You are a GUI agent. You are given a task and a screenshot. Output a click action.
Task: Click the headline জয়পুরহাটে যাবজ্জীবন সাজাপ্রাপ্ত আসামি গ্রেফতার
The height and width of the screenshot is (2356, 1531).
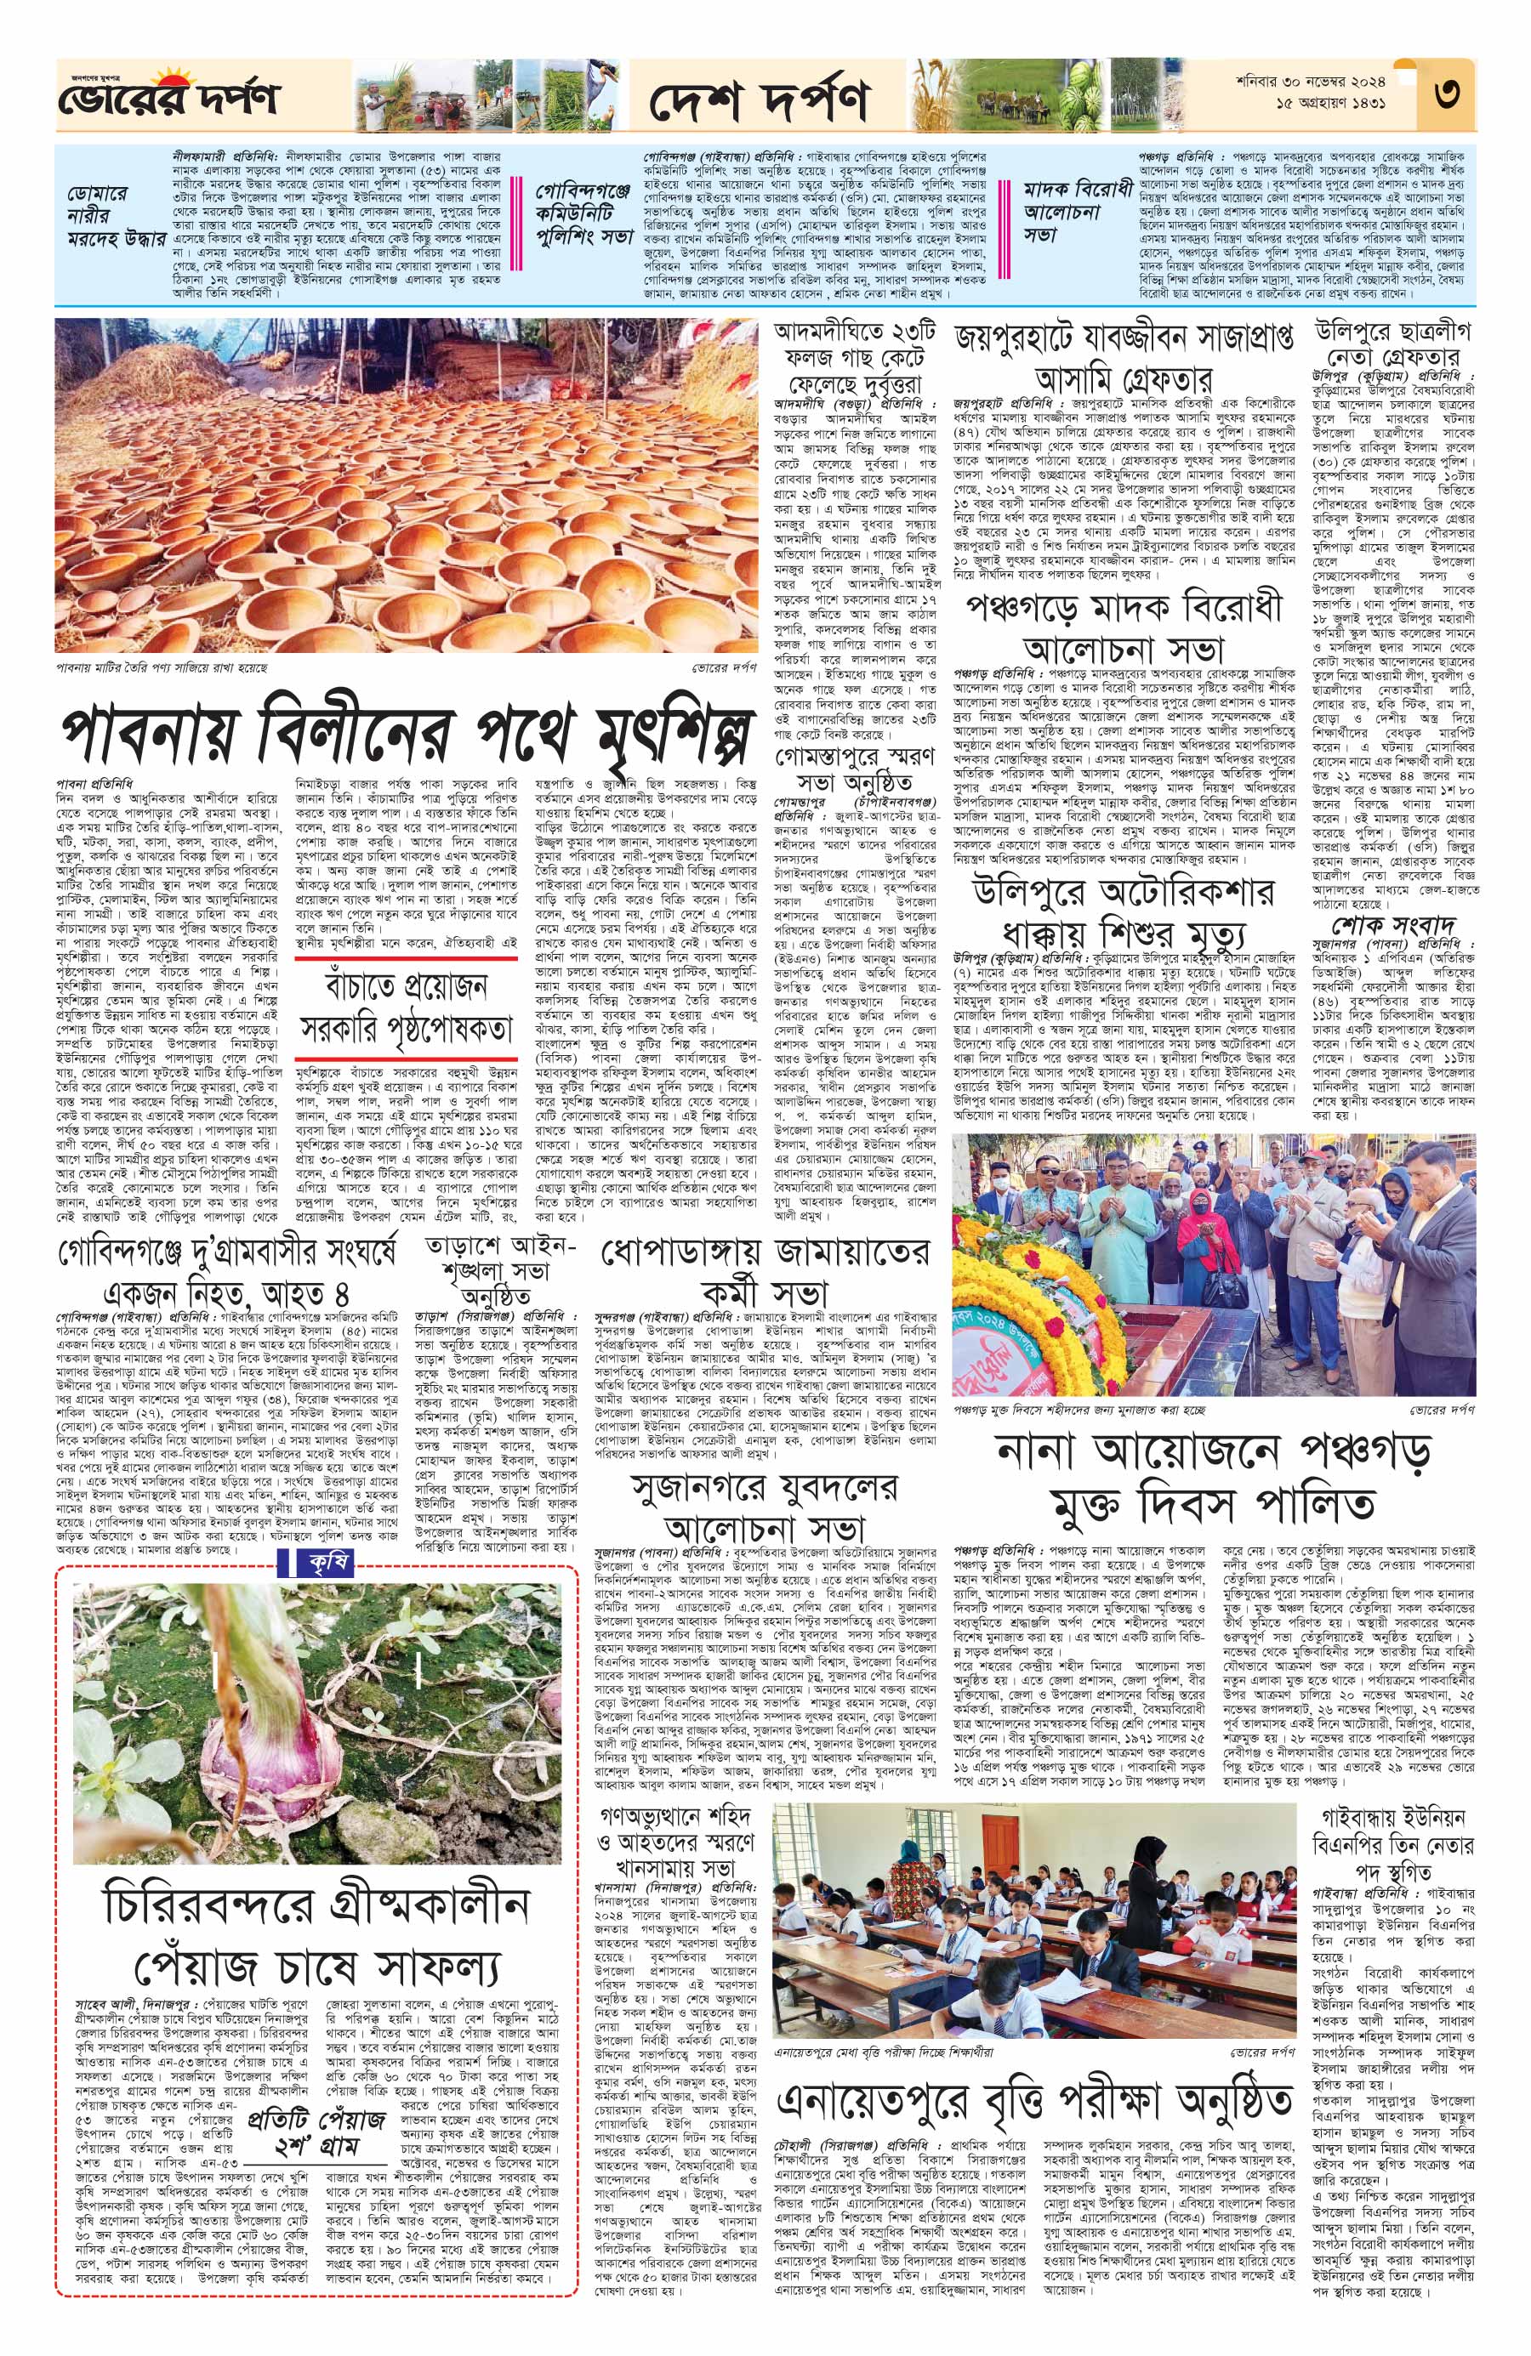click(1123, 355)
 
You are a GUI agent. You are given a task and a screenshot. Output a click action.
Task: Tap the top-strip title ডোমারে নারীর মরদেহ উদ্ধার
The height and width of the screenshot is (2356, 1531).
click(115, 216)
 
